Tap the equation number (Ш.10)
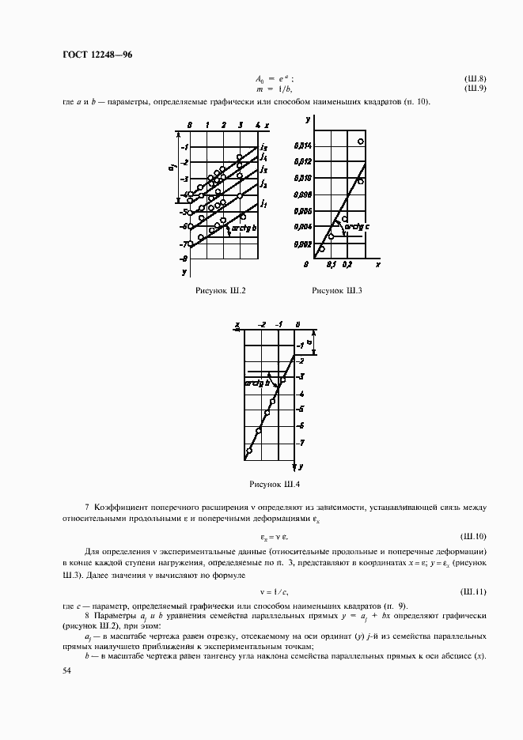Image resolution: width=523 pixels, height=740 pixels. [x=474, y=536]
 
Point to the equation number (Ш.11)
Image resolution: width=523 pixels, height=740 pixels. [x=474, y=591]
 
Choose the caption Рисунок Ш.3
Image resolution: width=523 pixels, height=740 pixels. [x=337, y=291]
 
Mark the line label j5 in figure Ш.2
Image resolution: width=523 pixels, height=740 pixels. [x=263, y=146]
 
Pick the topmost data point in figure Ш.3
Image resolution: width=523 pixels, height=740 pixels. [x=360, y=142]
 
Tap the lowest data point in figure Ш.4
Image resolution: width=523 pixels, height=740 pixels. [x=249, y=451]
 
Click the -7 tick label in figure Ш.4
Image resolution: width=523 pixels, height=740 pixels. [x=301, y=443]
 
